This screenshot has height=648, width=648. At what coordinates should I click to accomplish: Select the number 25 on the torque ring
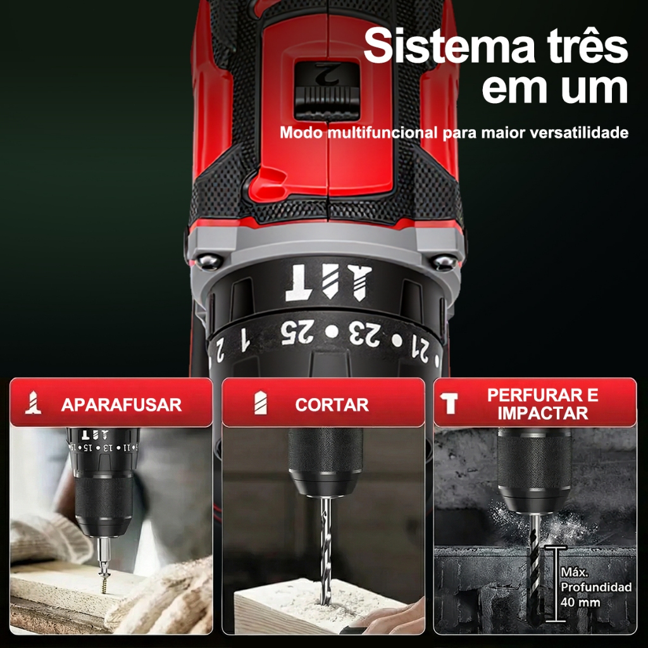pos(297,332)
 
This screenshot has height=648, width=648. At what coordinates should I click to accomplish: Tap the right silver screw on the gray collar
pos(444,262)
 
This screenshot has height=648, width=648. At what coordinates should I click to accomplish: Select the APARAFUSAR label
pos(121,405)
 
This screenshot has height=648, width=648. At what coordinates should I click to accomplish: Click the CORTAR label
pos(332,405)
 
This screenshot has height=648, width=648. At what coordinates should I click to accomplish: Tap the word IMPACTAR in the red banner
pos(542,413)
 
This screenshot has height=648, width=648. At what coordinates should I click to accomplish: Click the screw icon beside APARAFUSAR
pos(33,403)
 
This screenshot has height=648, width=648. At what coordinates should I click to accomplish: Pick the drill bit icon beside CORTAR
pos(260,403)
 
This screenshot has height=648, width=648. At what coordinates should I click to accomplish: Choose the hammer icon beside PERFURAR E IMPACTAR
pos(449,403)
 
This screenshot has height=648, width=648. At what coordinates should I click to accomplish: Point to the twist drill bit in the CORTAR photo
pos(326,550)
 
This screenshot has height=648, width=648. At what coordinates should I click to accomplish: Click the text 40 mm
pos(580,602)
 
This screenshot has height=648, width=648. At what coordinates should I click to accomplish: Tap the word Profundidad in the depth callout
pos(596,588)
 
